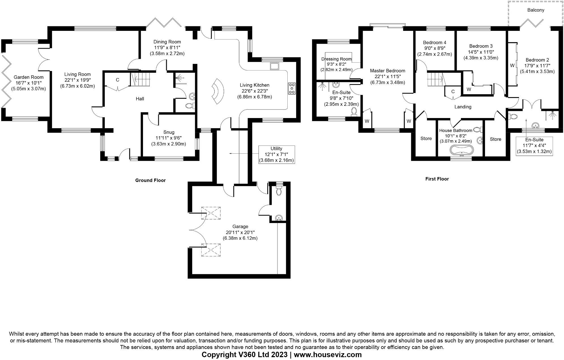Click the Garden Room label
click(x=29, y=77)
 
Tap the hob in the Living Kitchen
click(x=292, y=88)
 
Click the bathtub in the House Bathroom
click(x=461, y=150)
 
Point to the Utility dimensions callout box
click(x=276, y=154)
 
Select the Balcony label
click(x=536, y=10)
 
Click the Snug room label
click(x=169, y=132)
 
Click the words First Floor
click(x=437, y=179)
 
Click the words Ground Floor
click(x=150, y=180)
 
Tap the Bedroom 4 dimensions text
click(x=434, y=51)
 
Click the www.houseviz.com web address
click(x=328, y=355)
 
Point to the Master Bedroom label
click(x=387, y=71)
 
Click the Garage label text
click(x=240, y=226)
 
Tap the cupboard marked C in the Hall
click(x=118, y=80)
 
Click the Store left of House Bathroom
click(x=426, y=138)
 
